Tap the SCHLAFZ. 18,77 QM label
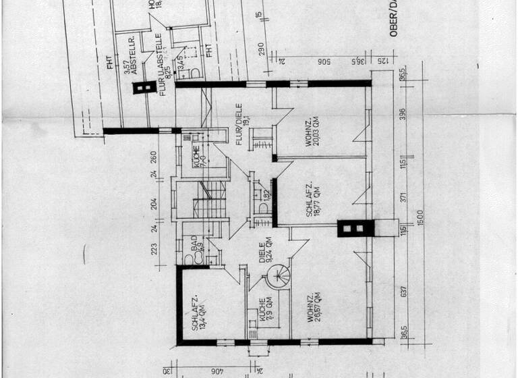coord(312,200)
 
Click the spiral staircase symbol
coord(278,275)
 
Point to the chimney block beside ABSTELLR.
coord(143,87)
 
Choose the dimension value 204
coord(154,204)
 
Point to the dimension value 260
coord(154,159)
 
